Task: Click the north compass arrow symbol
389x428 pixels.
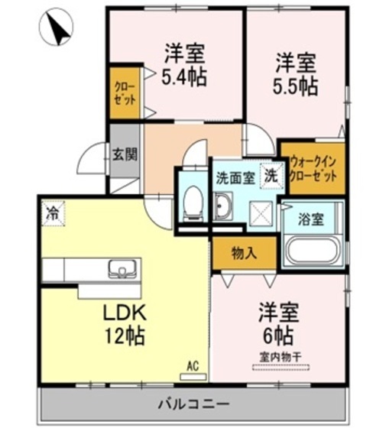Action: pos(55,28)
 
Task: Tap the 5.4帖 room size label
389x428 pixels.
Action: pos(185,76)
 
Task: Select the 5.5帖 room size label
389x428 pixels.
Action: pos(295,86)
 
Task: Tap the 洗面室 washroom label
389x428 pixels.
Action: pos(235,179)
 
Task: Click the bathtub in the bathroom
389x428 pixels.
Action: pos(313,250)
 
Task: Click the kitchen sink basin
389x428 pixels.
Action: pos(122,268)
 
